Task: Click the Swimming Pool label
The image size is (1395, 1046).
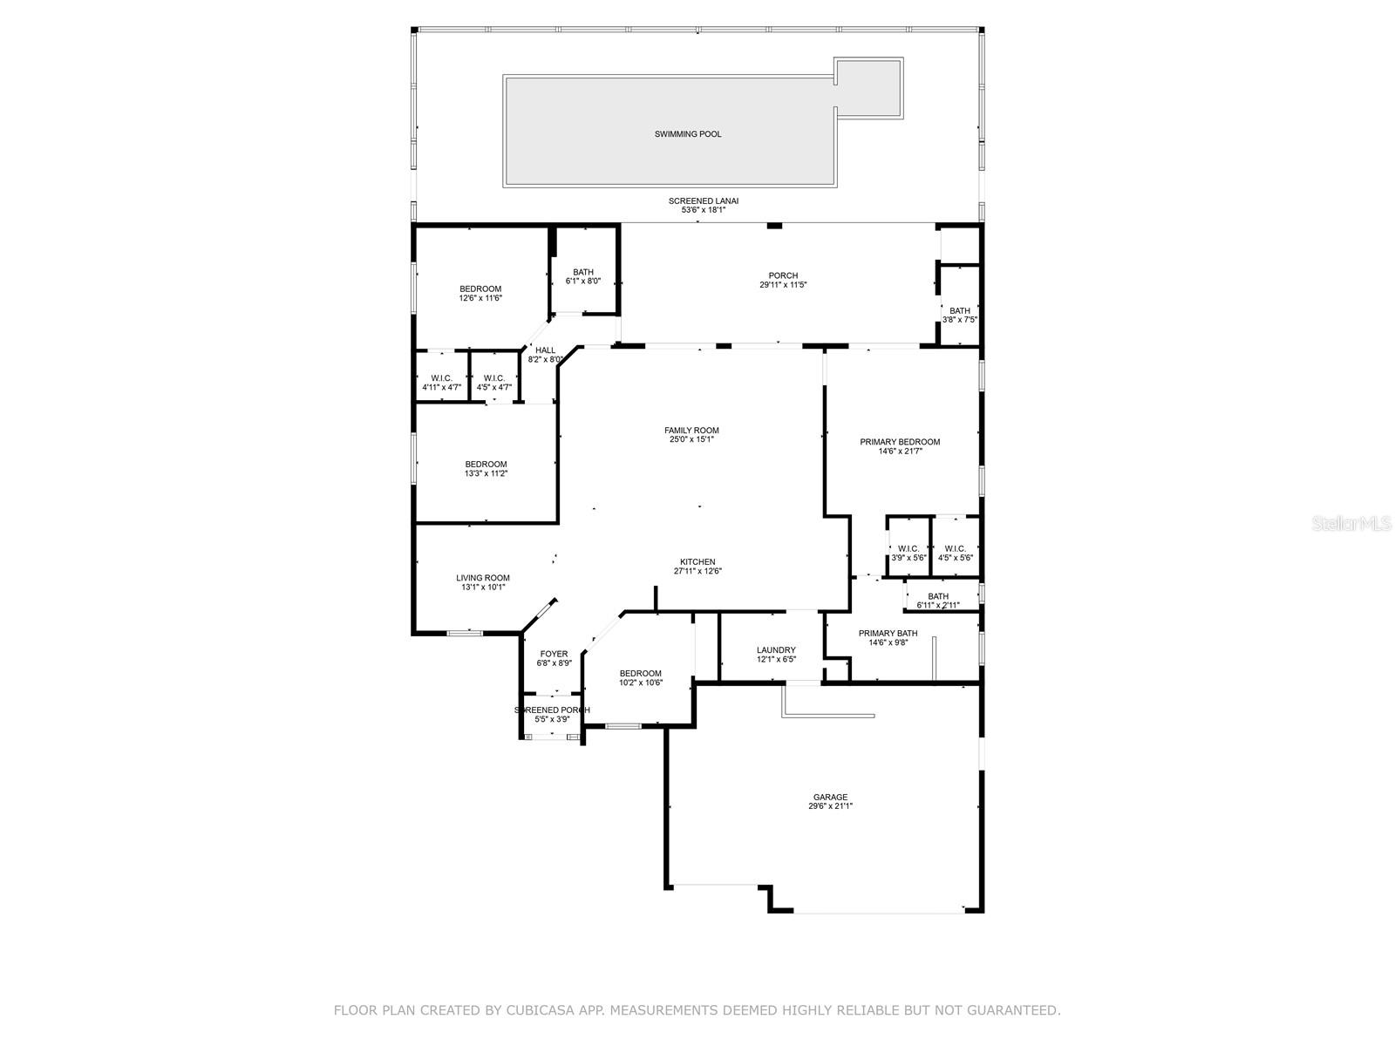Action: pos(688,134)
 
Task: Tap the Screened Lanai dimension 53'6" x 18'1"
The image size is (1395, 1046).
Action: pos(703,210)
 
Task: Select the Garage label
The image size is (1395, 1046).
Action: pos(830,797)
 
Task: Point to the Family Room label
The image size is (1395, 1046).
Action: pos(691,430)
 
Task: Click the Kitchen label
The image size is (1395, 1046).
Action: pos(697,562)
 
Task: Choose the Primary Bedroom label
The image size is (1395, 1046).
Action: pos(900,442)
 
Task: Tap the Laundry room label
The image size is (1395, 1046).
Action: pos(776,649)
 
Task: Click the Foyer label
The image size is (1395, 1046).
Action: pos(554,654)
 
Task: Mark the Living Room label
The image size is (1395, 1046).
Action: pos(483,578)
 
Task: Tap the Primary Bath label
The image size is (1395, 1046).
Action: pos(888,633)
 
